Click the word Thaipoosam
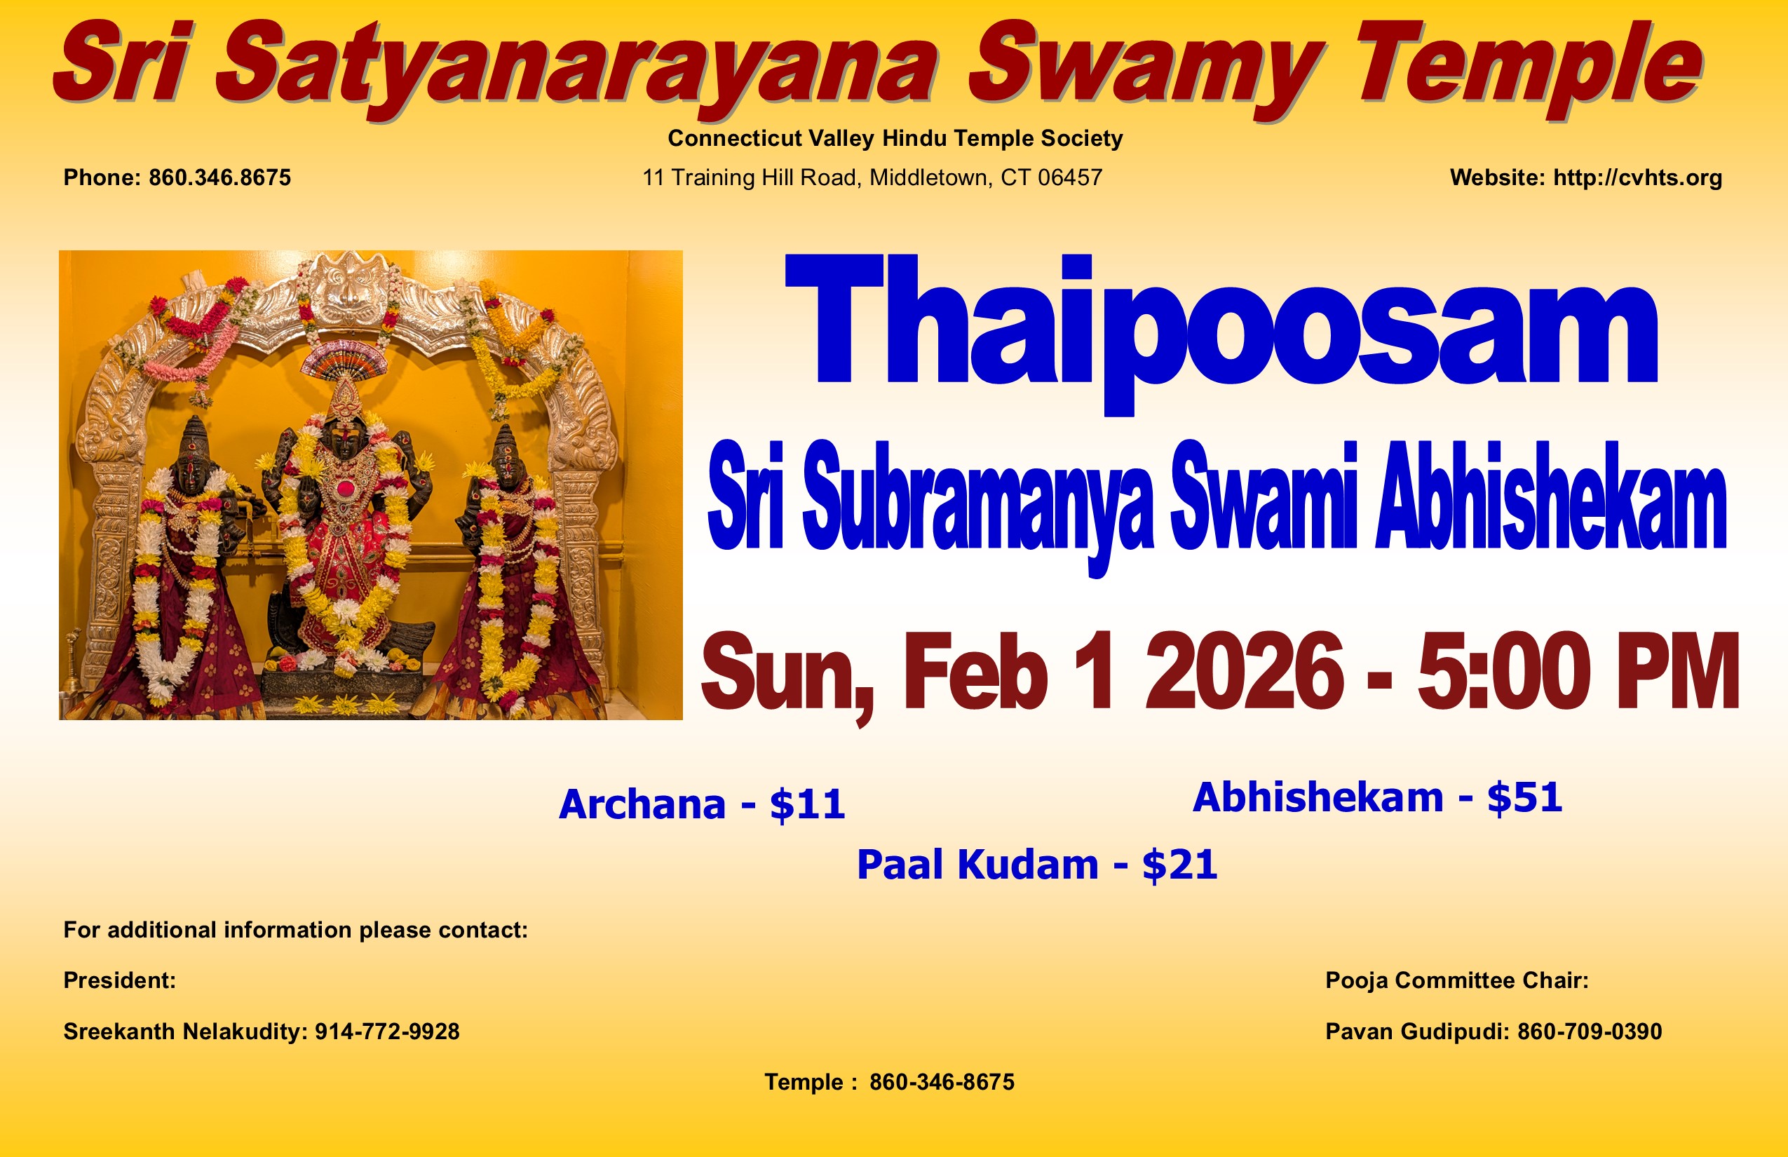(1221, 334)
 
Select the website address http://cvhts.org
(1638, 178)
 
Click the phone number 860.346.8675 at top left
(219, 178)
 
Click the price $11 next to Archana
(808, 805)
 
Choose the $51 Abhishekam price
(1525, 797)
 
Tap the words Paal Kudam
(977, 865)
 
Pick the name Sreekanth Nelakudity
(184, 1032)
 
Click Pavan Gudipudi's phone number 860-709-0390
(1590, 1032)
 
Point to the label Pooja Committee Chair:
(1457, 981)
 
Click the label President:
(119, 981)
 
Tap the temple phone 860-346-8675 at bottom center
(942, 1083)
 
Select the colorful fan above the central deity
(344, 359)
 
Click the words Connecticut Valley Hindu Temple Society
(895, 139)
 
